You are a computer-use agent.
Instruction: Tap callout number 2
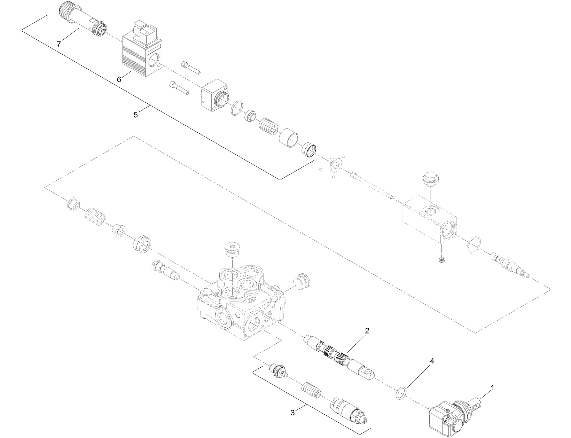367,330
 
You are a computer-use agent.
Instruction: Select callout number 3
292,413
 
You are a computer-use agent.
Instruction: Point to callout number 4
432,361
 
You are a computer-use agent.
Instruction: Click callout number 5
135,115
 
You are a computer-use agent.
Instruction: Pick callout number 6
119,80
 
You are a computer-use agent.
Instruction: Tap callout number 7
59,44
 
